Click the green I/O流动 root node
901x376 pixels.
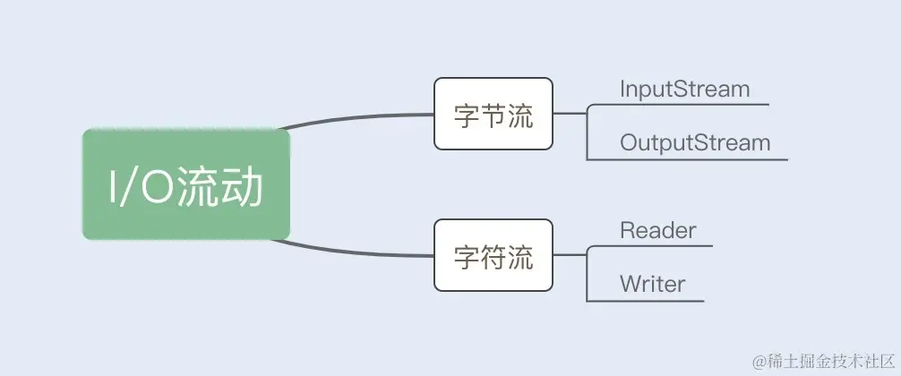coord(186,184)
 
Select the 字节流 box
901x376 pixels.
coord(493,114)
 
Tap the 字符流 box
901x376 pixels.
coord(493,255)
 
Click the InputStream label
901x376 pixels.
coord(684,90)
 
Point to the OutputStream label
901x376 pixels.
coord(695,142)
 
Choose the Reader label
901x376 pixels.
coord(657,230)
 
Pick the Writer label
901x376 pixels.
coord(652,285)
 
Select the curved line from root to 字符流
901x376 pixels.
coord(358,252)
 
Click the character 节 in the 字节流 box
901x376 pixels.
coord(493,116)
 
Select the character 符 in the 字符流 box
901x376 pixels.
coord(493,258)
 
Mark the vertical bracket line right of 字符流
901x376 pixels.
coord(587,274)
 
